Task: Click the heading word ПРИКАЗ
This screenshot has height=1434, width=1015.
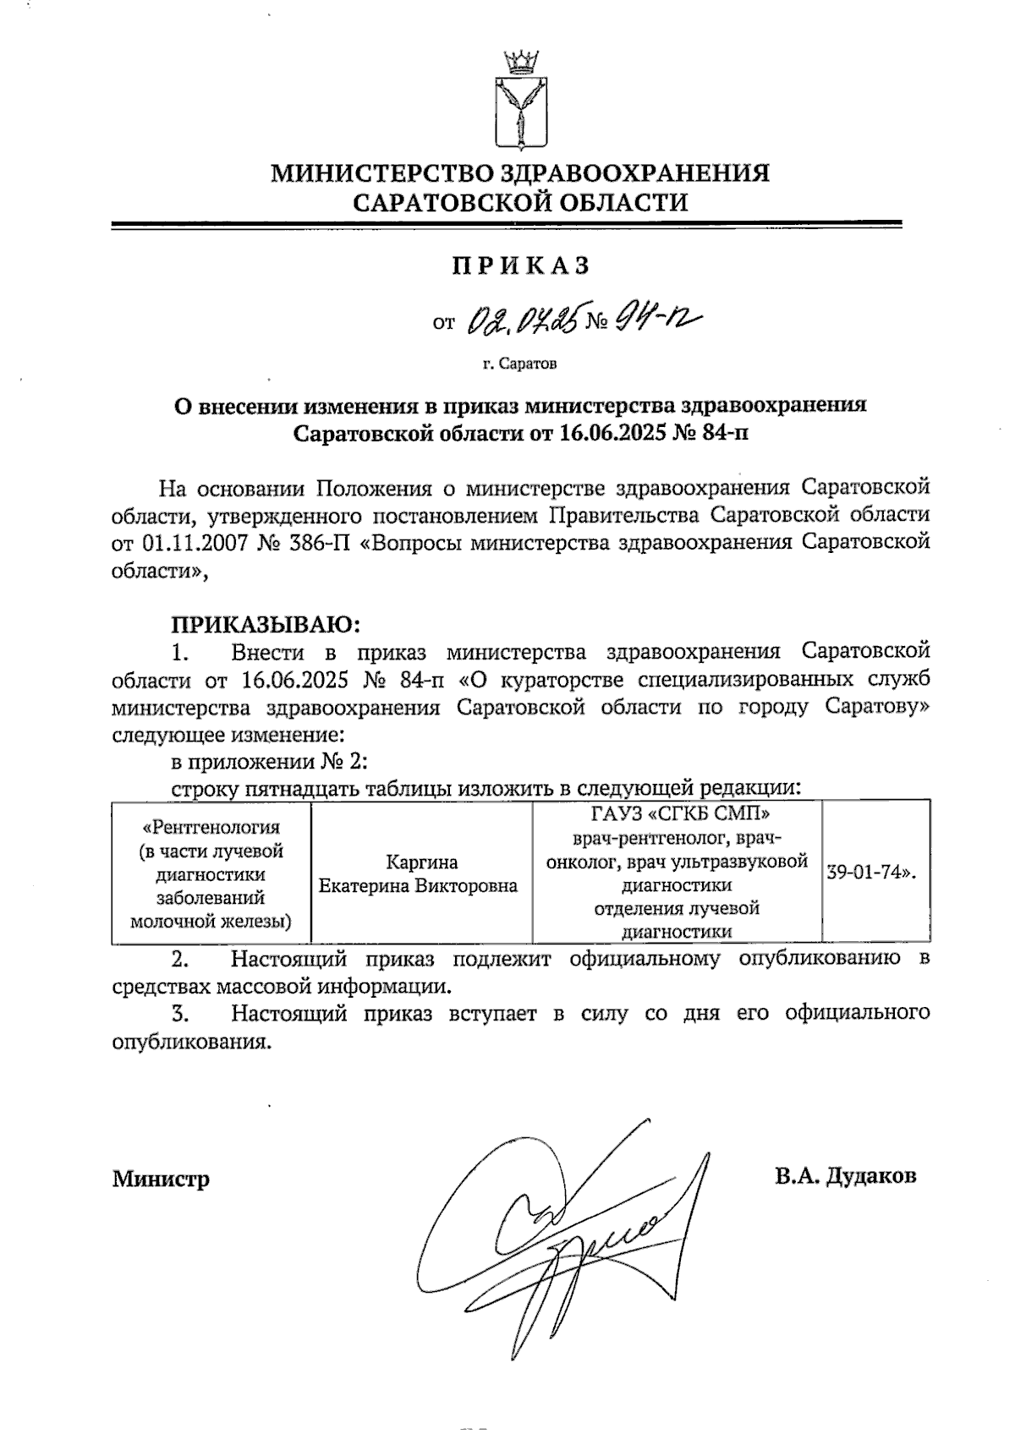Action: coord(520,265)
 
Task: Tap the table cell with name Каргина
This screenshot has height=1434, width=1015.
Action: coord(422,862)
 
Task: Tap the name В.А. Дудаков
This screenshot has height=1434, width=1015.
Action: coord(845,1176)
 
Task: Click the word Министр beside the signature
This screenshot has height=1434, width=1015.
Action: coord(161,1178)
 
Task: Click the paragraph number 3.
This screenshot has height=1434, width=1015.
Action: coord(178,1013)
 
